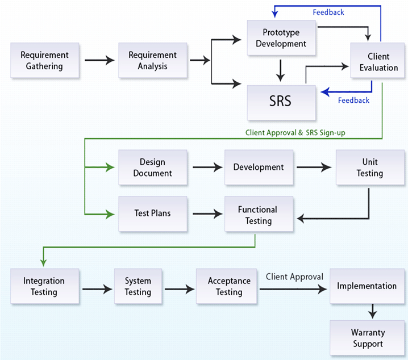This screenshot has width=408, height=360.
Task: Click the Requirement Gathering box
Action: [x=44, y=60]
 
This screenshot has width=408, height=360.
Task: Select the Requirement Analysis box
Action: [x=152, y=60]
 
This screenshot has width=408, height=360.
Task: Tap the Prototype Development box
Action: [x=281, y=38]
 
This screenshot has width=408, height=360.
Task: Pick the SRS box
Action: [x=281, y=101]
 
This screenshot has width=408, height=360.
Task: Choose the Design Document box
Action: [x=152, y=168]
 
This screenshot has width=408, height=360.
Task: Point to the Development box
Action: [x=259, y=168]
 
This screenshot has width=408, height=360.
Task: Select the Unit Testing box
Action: [x=369, y=168]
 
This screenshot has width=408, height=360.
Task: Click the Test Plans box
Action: [x=152, y=214]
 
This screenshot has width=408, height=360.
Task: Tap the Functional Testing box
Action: [x=259, y=215]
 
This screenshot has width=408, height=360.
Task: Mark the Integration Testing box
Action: [x=44, y=287]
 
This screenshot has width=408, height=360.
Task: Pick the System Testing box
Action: [x=138, y=287]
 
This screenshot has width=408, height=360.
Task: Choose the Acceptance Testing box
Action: [x=229, y=287]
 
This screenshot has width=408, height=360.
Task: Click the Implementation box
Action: [x=367, y=286]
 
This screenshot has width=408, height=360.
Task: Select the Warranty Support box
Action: [x=367, y=338]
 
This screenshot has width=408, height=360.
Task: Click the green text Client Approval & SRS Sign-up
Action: [x=295, y=132]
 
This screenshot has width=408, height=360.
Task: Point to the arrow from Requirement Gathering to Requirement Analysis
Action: [x=98, y=60]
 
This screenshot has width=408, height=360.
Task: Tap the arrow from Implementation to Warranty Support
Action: [x=373, y=311]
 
